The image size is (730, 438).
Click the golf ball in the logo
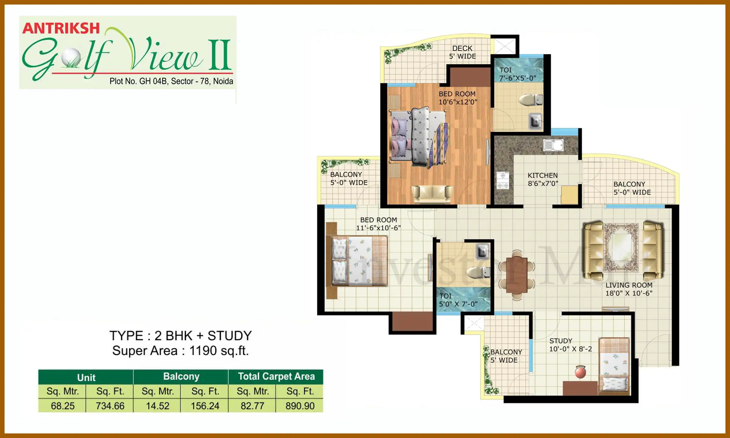pyautogui.click(x=71, y=58)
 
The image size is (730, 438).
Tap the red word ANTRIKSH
pyautogui.click(x=61, y=29)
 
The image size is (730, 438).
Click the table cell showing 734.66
pyautogui.click(x=110, y=406)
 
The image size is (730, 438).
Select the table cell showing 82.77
pyautogui.click(x=252, y=406)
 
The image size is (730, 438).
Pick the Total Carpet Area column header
pyautogui.click(x=276, y=377)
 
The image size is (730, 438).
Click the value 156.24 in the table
pyautogui.click(x=205, y=406)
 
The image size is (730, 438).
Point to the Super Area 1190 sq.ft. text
pyautogui.click(x=181, y=351)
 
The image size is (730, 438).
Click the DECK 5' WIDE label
pyautogui.click(x=462, y=52)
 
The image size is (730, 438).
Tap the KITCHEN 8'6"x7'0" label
pyautogui.click(x=543, y=179)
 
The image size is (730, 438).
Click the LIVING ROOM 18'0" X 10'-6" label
pyautogui.click(x=629, y=289)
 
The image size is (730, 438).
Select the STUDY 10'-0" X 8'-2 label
pyautogui.click(x=570, y=345)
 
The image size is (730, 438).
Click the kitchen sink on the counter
pyautogui.click(x=553, y=145)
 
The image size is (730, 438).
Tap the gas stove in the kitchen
pyautogui.click(x=503, y=181)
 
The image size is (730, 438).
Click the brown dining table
pyautogui.click(x=516, y=275)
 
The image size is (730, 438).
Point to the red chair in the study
pyautogui.click(x=580, y=372)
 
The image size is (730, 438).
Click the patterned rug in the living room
pyautogui.click(x=621, y=247)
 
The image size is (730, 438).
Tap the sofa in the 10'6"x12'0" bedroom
pyautogui.click(x=432, y=194)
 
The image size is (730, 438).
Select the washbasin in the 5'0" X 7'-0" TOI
pyautogui.click(x=483, y=251)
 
